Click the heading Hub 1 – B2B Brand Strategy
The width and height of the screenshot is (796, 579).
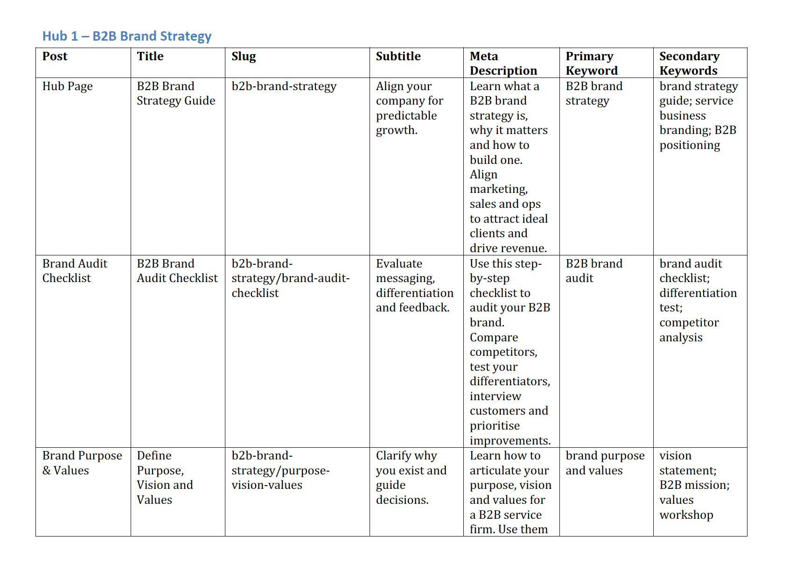click(126, 36)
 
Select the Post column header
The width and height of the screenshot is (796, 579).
click(55, 56)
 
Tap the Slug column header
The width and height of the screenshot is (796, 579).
click(244, 56)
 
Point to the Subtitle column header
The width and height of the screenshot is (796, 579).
click(398, 56)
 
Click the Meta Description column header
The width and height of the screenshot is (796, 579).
click(503, 64)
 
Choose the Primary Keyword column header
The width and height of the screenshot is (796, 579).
click(591, 64)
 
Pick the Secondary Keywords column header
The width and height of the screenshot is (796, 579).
click(689, 64)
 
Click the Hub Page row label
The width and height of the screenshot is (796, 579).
click(67, 86)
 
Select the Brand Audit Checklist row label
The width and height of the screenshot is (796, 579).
click(75, 271)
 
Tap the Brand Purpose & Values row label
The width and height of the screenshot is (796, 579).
click(82, 463)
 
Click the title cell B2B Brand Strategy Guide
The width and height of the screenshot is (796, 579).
click(175, 93)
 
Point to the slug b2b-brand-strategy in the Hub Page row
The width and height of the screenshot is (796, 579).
click(284, 86)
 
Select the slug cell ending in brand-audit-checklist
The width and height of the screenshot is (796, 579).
click(290, 278)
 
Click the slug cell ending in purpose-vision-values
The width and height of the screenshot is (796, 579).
click(280, 470)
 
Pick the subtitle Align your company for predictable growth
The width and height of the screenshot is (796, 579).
click(409, 108)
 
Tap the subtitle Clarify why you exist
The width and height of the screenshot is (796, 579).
click(411, 477)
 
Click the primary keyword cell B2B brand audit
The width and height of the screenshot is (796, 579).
click(594, 271)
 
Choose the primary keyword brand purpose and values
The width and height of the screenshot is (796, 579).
click(605, 463)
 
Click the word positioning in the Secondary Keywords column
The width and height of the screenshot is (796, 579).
click(690, 145)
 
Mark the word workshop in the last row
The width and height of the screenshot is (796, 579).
click(686, 515)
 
